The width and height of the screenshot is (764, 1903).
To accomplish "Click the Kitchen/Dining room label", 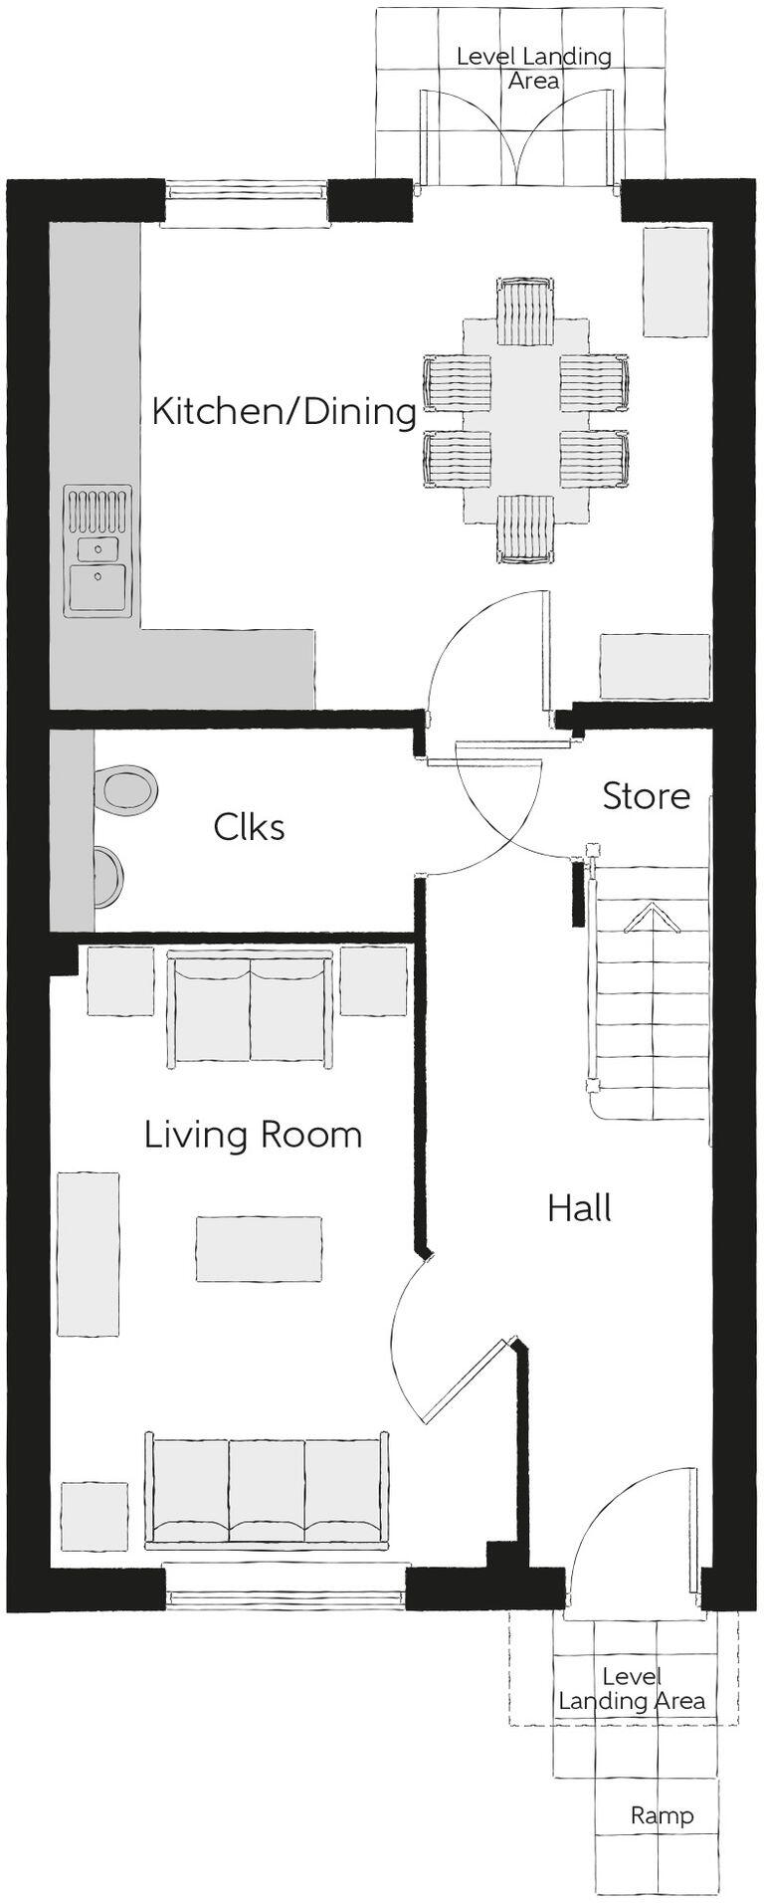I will [x=284, y=410].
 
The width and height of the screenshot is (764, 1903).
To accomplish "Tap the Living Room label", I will [x=253, y=1135].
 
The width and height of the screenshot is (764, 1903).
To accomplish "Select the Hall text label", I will [x=579, y=1208].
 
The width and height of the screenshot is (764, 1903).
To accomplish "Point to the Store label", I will [x=646, y=795].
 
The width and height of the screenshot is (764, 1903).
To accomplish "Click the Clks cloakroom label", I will [x=249, y=826].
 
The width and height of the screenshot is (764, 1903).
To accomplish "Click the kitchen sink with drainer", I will [x=97, y=549].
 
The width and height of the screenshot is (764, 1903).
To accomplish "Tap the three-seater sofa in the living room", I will [x=267, y=1490].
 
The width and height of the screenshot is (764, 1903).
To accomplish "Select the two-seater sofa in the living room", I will [x=250, y=1007].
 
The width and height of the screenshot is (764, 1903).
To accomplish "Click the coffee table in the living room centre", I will [x=259, y=1249].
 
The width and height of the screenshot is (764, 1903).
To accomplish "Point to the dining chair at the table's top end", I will [x=524, y=311].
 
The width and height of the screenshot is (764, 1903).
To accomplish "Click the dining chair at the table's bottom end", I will [x=524, y=529].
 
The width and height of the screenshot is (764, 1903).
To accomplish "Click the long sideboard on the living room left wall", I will [x=88, y=1253].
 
